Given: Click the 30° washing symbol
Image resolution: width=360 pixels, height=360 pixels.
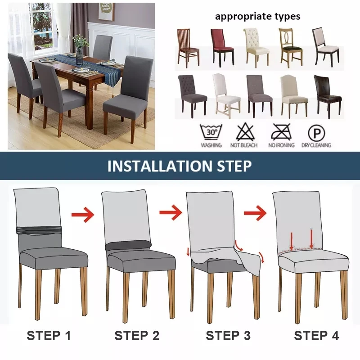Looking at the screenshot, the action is coord(211,132).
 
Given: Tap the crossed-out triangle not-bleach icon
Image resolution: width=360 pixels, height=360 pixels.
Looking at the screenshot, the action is coord(245,132).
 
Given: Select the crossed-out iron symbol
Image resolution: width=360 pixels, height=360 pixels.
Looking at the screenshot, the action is coord(281,132).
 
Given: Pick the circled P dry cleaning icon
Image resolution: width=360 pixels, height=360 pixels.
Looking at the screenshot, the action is coord(316,133).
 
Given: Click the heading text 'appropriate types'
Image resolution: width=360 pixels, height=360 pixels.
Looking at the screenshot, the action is coord(257,17).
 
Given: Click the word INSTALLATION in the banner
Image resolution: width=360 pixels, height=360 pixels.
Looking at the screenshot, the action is coord(160,166).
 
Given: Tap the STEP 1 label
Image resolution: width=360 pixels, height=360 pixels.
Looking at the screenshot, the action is coord(49,336).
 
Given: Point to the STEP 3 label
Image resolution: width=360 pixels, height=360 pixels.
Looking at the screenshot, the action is coord(228,336).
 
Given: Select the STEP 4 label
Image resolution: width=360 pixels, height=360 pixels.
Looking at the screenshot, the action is coord(316,336).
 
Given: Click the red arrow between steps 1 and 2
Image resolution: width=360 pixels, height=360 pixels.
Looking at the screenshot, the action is coord(83,215).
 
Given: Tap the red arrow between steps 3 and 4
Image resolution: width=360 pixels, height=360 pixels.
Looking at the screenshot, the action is coord(255,213).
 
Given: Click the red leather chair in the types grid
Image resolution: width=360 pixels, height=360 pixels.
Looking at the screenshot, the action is coord(222,48).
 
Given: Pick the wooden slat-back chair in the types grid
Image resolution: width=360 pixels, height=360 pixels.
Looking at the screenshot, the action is coord(188,46).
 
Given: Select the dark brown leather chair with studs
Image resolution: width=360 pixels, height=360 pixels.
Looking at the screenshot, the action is coord(328,96).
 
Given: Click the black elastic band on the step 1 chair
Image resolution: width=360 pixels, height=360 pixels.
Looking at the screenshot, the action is coord(39,230).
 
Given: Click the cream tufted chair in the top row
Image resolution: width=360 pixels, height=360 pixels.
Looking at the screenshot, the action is coord(256,48).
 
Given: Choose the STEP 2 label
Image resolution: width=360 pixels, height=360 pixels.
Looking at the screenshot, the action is coord(137,336).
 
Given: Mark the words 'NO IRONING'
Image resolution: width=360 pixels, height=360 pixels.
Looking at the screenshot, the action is coord(282,145).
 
